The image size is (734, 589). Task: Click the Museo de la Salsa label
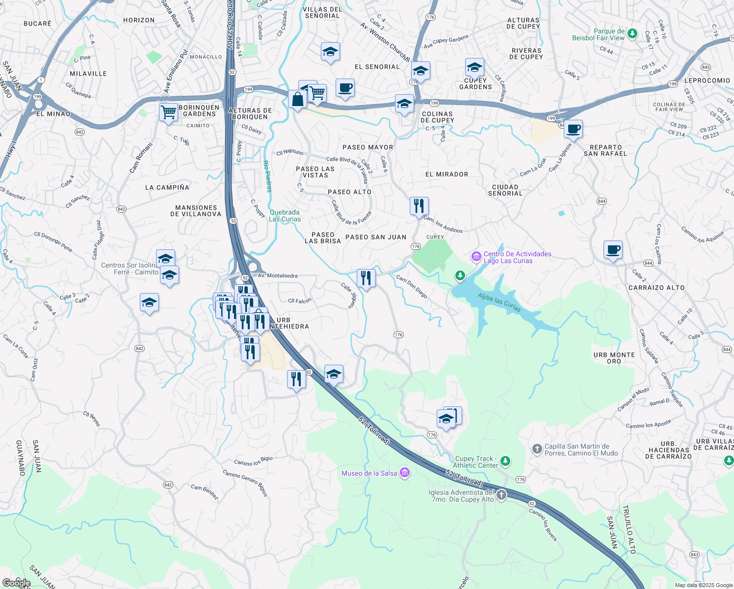(x=369, y=473)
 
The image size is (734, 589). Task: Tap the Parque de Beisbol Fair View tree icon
(x=632, y=34)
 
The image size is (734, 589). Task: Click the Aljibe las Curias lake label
(x=499, y=302)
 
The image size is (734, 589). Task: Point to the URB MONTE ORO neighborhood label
(x=614, y=358)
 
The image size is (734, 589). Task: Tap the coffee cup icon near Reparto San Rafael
(x=573, y=130)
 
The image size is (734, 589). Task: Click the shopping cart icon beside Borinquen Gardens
(x=169, y=112)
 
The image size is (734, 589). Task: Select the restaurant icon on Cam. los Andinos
(x=419, y=206)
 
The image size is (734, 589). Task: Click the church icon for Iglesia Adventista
(x=501, y=495)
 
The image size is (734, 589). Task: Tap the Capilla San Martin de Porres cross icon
(x=537, y=448)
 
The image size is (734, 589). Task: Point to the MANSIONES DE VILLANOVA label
(x=196, y=211)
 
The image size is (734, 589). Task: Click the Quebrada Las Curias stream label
(x=285, y=215)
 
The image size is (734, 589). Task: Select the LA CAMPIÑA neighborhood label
(x=167, y=187)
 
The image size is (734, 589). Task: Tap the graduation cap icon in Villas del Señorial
(x=330, y=52)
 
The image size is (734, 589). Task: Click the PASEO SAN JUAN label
(x=376, y=237)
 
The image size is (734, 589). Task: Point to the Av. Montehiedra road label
(x=278, y=276)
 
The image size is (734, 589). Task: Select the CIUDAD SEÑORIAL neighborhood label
(x=505, y=190)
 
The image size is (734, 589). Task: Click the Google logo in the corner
(x=16, y=583)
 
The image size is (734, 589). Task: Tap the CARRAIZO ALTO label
(x=656, y=288)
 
